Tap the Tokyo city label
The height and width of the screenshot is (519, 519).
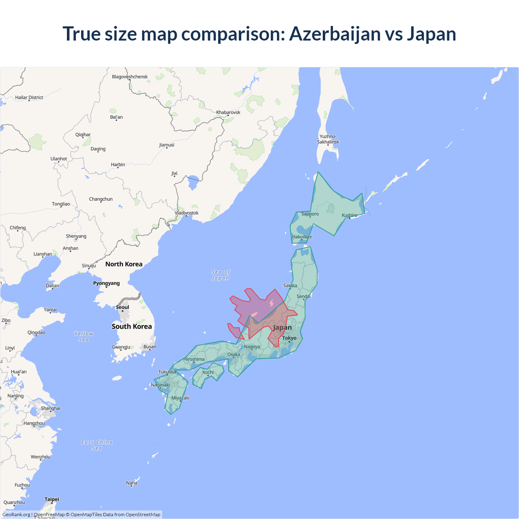[289, 338]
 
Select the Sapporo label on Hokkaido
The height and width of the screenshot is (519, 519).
[310, 214]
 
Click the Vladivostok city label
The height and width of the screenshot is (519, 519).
[187, 213]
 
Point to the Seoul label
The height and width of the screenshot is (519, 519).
[122, 307]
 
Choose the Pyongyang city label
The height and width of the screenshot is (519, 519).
[106, 283]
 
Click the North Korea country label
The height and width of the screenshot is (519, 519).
[124, 264]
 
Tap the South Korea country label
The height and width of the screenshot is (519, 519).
[132, 326]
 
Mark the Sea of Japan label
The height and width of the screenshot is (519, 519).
[221, 275]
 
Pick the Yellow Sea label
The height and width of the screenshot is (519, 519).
[84, 337]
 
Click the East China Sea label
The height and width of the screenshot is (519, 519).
[97, 445]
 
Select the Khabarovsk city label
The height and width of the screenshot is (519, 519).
[228, 112]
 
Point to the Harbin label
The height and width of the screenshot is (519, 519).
[118, 165]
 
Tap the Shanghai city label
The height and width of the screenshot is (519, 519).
[51, 408]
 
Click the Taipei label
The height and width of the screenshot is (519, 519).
[52, 499]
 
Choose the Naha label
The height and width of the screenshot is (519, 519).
[132, 483]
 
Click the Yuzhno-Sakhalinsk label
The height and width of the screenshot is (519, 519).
[328, 139]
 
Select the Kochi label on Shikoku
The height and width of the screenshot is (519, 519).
[208, 372]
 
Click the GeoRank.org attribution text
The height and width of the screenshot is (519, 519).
[16, 515]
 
